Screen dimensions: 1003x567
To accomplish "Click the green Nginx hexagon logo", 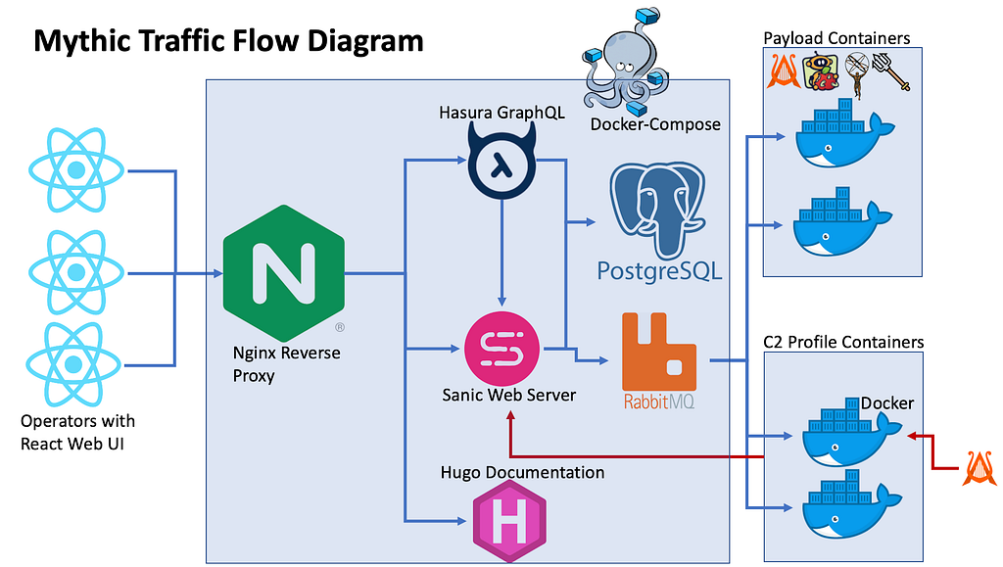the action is [x=284, y=273].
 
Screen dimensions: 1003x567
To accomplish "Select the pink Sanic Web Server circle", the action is [x=502, y=349].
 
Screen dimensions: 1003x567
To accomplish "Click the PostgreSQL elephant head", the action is [x=657, y=208].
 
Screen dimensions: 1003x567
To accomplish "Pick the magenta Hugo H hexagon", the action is [x=509, y=521].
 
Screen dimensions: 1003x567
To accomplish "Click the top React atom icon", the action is [x=76, y=170].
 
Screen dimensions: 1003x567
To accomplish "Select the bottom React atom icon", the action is [x=73, y=364].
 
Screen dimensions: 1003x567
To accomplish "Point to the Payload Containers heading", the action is [x=836, y=38].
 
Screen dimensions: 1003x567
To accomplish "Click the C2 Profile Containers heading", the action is [x=843, y=342].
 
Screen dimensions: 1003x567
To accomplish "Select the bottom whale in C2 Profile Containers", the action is [x=852, y=503].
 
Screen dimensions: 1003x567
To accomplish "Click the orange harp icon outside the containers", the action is [x=979, y=468].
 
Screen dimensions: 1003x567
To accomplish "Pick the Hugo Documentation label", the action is [x=522, y=472].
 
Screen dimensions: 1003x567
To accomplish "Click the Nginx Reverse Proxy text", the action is [x=286, y=363].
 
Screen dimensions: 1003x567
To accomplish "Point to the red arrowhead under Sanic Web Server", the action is [x=510, y=416].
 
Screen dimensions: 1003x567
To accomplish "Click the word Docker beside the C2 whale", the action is [x=887, y=403].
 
